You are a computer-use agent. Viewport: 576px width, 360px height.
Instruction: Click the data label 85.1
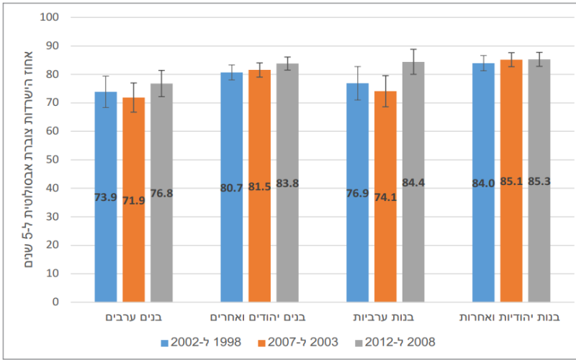(511, 183)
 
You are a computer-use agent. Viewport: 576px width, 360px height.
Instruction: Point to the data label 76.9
(357, 193)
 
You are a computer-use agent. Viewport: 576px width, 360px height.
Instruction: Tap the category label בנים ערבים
(133, 318)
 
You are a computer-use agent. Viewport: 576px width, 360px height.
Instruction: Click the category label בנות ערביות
(385, 318)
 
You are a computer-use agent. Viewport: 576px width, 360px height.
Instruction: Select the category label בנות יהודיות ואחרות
(511, 318)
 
